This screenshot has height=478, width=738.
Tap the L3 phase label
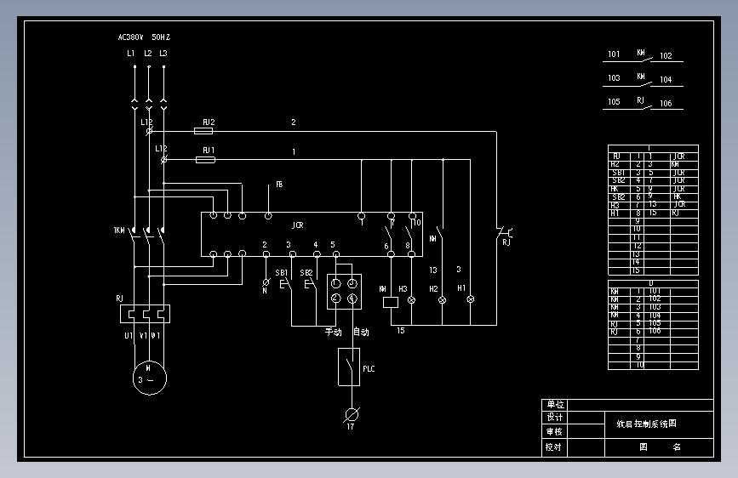point(163,54)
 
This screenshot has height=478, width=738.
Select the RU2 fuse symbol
point(204,131)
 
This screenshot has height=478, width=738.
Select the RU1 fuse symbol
point(204,159)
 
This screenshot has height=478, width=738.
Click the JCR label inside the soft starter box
point(298,225)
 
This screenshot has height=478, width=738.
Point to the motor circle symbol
point(148,374)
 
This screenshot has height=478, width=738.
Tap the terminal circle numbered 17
point(350,414)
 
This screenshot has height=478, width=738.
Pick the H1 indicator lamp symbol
point(468,300)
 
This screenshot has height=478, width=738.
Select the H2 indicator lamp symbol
point(442,300)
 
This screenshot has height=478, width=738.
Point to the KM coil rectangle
point(391,300)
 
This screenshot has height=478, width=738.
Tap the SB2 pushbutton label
point(306,272)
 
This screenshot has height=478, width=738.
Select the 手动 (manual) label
point(333,332)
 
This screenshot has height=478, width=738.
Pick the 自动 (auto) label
point(361,332)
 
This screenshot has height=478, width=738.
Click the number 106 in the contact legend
point(666,104)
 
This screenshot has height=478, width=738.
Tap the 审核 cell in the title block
point(554,431)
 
